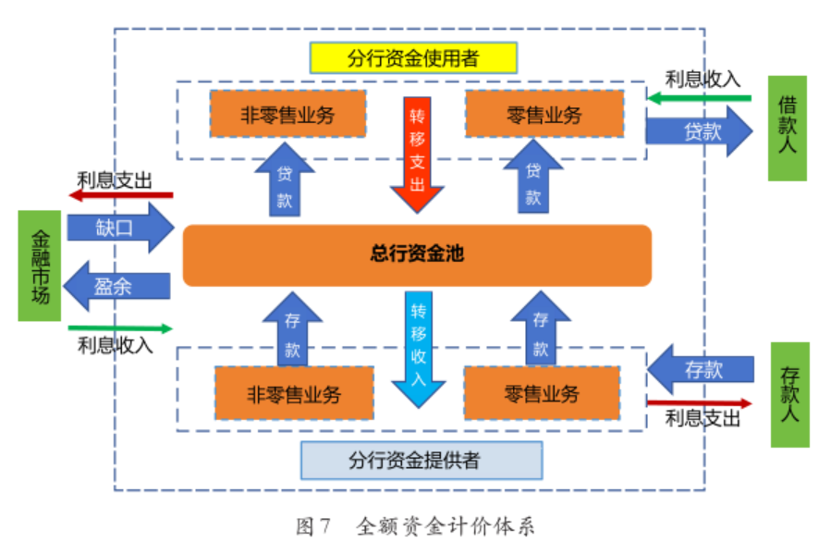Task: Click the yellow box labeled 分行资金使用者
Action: [x=413, y=58]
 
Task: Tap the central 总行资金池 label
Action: [x=416, y=254]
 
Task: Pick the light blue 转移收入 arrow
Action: [x=418, y=347]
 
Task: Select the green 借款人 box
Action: [x=788, y=128]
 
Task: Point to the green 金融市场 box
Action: [x=39, y=265]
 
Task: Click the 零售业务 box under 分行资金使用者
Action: [x=544, y=115]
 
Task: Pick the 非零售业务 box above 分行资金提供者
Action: [x=294, y=394]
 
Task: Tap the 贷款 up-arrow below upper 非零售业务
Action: [x=284, y=179]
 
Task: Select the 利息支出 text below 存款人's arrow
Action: [x=703, y=419]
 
